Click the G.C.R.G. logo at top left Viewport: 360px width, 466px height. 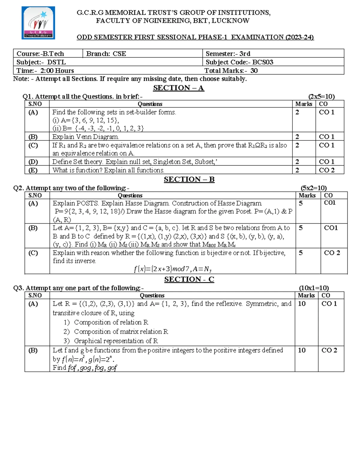[x=38, y=23]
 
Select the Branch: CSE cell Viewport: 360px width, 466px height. [x=106, y=54]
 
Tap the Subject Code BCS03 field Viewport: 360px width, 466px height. [x=239, y=62]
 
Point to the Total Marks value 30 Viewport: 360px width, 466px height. [x=254, y=71]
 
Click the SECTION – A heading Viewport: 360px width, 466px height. [x=178, y=88]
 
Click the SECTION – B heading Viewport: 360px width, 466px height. [x=189, y=179]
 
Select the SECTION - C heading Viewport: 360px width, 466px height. [x=189, y=279]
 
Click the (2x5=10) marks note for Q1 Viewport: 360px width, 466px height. [x=321, y=96]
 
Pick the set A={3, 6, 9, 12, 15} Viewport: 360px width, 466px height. [x=86, y=120]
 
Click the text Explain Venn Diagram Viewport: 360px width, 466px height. [x=85, y=137]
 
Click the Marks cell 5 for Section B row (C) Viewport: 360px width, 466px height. [x=301, y=253]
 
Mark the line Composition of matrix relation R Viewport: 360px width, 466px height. [x=121, y=332]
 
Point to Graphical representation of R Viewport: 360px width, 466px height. [x=116, y=341]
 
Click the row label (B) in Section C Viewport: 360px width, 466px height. [x=33, y=350]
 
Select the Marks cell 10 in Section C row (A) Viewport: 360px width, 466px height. [x=301, y=304]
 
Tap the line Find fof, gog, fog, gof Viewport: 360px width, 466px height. [x=85, y=368]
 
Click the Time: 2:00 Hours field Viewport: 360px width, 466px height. [x=45, y=71]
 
